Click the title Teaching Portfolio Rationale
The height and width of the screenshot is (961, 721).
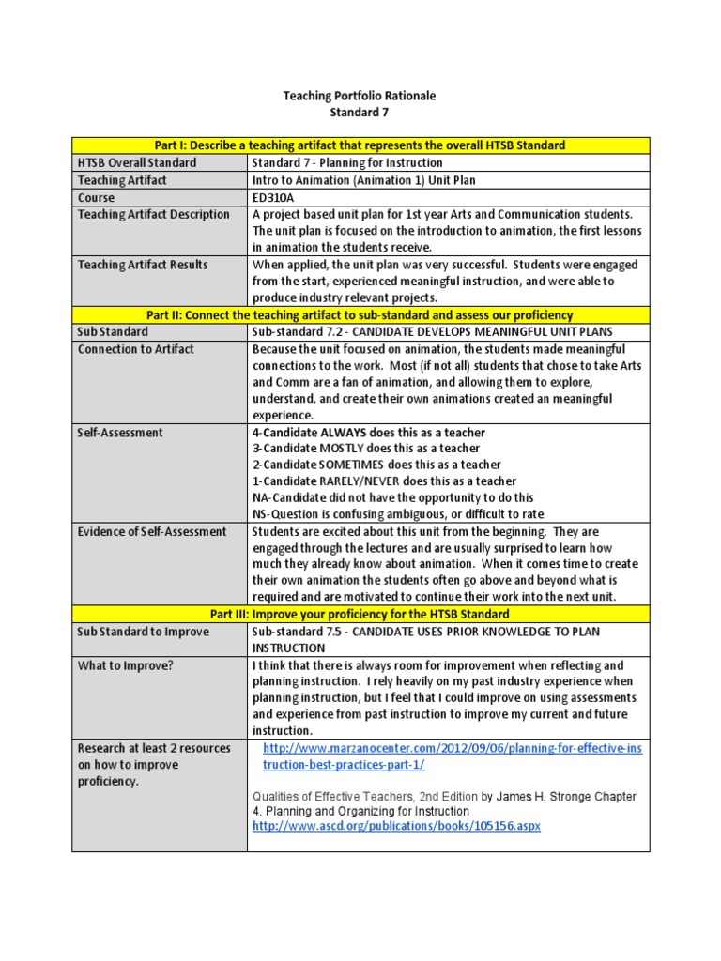[x=360, y=96]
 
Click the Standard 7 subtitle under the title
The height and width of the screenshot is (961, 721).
[x=360, y=113]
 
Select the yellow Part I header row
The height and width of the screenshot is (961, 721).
[x=360, y=145]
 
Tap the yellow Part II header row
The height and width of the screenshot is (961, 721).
[x=360, y=315]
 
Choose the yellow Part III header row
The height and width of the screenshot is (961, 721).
[x=360, y=614]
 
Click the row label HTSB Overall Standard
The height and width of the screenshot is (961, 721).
[x=137, y=162]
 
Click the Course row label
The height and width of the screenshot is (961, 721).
[x=97, y=197]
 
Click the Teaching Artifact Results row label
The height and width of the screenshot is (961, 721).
[x=143, y=265]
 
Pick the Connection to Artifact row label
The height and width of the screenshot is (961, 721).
[x=136, y=349]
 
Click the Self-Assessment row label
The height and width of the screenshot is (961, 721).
[x=120, y=433]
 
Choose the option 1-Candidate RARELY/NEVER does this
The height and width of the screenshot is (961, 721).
[x=384, y=480]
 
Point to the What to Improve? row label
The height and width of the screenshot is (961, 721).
[x=126, y=665]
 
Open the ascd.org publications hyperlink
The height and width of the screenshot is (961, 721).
[x=397, y=826]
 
